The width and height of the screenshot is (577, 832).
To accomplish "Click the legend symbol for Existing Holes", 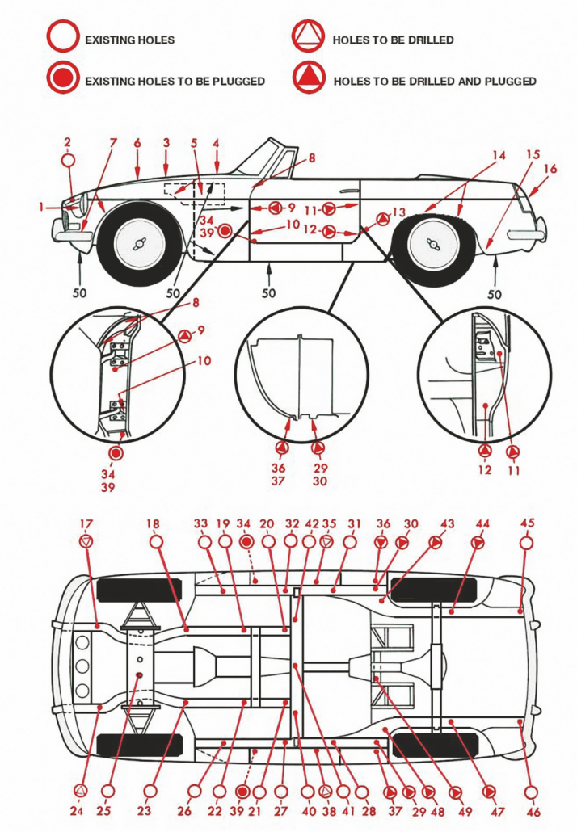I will click(x=63, y=39).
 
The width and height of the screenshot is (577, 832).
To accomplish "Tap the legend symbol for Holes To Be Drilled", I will click(x=308, y=39).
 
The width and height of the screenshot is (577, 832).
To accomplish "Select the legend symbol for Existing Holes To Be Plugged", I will click(x=63, y=79).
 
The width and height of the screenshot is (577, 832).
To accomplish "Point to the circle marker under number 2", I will click(x=68, y=159).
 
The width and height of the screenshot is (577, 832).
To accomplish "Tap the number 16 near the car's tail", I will click(x=550, y=168).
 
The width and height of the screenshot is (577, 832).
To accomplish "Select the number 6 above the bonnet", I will click(x=137, y=143).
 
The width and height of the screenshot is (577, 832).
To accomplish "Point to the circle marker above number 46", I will click(x=532, y=792).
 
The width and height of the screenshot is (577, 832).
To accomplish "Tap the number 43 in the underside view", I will click(x=447, y=523).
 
